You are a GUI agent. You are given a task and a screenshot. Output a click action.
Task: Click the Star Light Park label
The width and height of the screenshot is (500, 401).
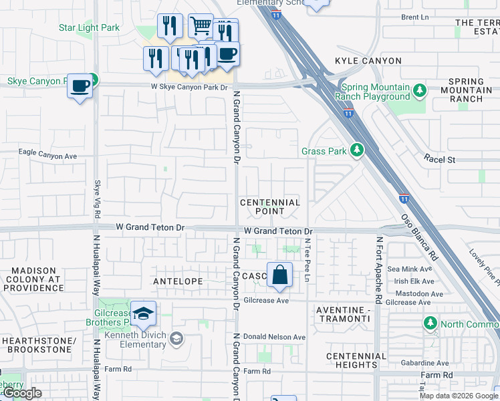click(x=89, y=28)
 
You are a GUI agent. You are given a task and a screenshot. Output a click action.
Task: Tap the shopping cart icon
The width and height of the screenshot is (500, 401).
click(x=201, y=27)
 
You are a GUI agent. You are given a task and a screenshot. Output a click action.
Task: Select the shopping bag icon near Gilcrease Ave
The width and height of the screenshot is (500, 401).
click(x=279, y=275)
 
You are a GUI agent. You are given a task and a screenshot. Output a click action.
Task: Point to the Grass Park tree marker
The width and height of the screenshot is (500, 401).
click(x=357, y=150)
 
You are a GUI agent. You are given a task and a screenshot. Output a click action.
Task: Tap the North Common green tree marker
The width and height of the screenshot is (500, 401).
click(x=430, y=324)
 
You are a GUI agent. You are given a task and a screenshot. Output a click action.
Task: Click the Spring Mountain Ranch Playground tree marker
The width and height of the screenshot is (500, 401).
click(x=419, y=90)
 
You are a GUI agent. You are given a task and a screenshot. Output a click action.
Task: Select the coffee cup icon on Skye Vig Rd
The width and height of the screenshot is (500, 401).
click(x=80, y=86)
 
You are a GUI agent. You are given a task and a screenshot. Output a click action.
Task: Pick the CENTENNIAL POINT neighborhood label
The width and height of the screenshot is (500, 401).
click(x=270, y=207)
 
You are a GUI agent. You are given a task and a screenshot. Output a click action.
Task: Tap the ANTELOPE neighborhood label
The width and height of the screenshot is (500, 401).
click(x=178, y=281)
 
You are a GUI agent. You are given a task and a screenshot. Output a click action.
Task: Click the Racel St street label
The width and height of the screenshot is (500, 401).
click(x=439, y=160)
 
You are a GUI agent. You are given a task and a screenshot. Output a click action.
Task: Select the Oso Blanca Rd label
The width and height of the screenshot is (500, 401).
click(x=419, y=237)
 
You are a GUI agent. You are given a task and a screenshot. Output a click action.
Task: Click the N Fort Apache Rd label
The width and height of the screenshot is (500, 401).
click(x=379, y=270)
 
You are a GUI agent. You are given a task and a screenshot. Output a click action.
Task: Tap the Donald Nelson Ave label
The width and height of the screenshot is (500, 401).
click(x=274, y=337)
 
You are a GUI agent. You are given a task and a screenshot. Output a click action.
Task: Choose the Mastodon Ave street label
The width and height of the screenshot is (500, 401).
click(x=418, y=294)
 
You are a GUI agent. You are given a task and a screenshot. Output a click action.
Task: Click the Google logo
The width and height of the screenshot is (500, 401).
click(x=23, y=393)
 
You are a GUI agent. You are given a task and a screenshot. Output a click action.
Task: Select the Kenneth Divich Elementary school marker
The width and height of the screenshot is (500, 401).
click(x=176, y=339)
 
